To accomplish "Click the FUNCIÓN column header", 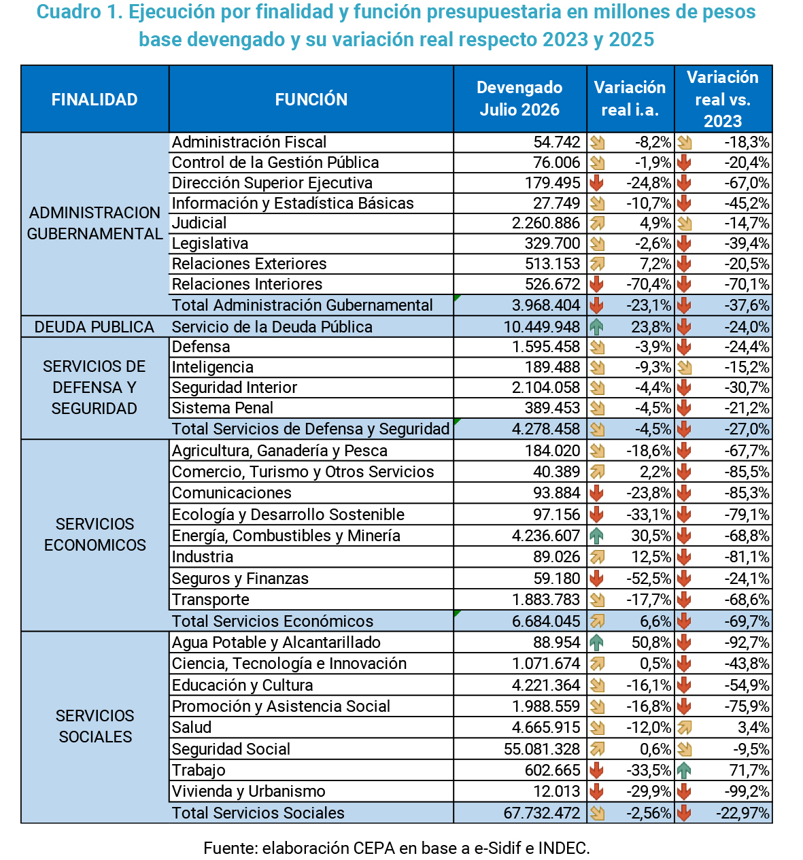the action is pyautogui.click(x=311, y=100).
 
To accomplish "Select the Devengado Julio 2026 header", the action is pyautogui.click(x=519, y=99).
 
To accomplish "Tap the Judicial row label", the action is pyautogui.click(x=199, y=223).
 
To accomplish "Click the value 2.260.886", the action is pyautogui.click(x=546, y=223).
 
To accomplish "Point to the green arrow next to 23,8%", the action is pyautogui.click(x=596, y=327).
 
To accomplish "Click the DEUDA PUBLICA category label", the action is pyautogui.click(x=94, y=327).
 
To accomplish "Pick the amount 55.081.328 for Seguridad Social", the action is pyautogui.click(x=542, y=749).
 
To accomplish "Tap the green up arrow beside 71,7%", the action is pyautogui.click(x=683, y=770).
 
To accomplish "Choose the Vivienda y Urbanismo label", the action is pyautogui.click(x=248, y=791).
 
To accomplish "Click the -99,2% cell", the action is pyautogui.click(x=747, y=791).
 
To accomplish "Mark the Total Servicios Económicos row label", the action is pyautogui.click(x=273, y=621).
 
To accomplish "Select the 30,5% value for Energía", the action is pyautogui.click(x=651, y=536).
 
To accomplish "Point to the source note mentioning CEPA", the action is pyautogui.click(x=396, y=848).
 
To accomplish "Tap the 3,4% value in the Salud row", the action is pyautogui.click(x=753, y=727).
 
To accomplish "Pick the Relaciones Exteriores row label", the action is pyautogui.click(x=249, y=264).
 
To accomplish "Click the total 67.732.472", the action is pyautogui.click(x=541, y=813).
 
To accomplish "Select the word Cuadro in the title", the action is pyautogui.click(x=69, y=12).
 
